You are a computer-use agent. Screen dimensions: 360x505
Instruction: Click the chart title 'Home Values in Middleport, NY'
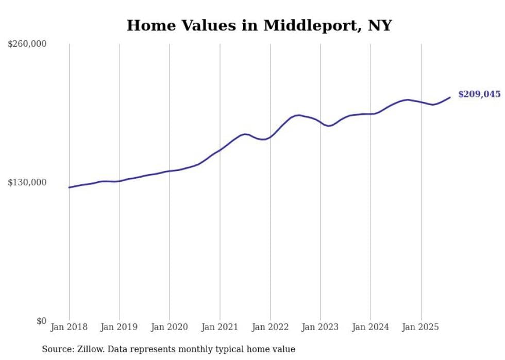[259, 25]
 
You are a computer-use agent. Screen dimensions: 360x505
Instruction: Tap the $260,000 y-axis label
[27, 44]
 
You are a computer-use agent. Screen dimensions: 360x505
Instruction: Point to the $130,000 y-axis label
[27, 182]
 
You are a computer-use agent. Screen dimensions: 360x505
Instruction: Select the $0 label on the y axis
[42, 321]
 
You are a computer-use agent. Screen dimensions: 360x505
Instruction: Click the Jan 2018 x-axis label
[69, 327]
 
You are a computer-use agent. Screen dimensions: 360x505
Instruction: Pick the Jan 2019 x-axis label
[120, 327]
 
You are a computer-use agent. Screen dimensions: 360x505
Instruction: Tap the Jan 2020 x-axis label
[170, 327]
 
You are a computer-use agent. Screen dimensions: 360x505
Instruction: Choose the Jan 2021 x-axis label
[220, 327]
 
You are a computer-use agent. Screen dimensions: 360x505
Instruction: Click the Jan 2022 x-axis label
[270, 327]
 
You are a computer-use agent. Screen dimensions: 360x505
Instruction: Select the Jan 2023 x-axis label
[321, 327]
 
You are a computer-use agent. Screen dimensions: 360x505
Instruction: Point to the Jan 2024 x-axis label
[371, 327]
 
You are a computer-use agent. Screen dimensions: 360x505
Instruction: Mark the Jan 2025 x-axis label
[421, 327]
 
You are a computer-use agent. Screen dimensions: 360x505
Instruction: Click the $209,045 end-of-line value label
[479, 94]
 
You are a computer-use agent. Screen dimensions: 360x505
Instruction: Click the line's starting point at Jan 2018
[69, 187]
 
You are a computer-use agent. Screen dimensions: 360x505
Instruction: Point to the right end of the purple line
[450, 97]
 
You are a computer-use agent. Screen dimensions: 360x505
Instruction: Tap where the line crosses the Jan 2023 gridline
[321, 122]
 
